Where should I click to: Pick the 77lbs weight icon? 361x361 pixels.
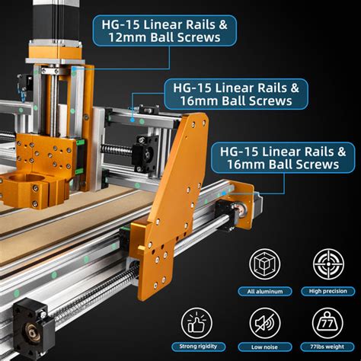[x=326, y=324]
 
